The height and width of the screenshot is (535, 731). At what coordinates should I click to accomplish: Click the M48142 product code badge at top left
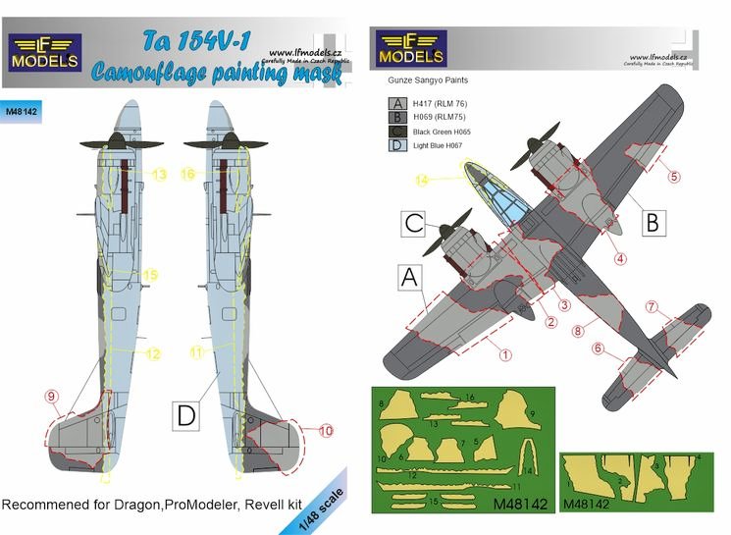coord(24,111)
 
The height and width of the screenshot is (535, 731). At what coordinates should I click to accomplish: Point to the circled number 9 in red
coord(50,397)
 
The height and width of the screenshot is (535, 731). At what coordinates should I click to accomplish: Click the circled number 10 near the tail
coord(327,430)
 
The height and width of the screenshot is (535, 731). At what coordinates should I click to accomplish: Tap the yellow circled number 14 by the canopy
coord(422,180)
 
